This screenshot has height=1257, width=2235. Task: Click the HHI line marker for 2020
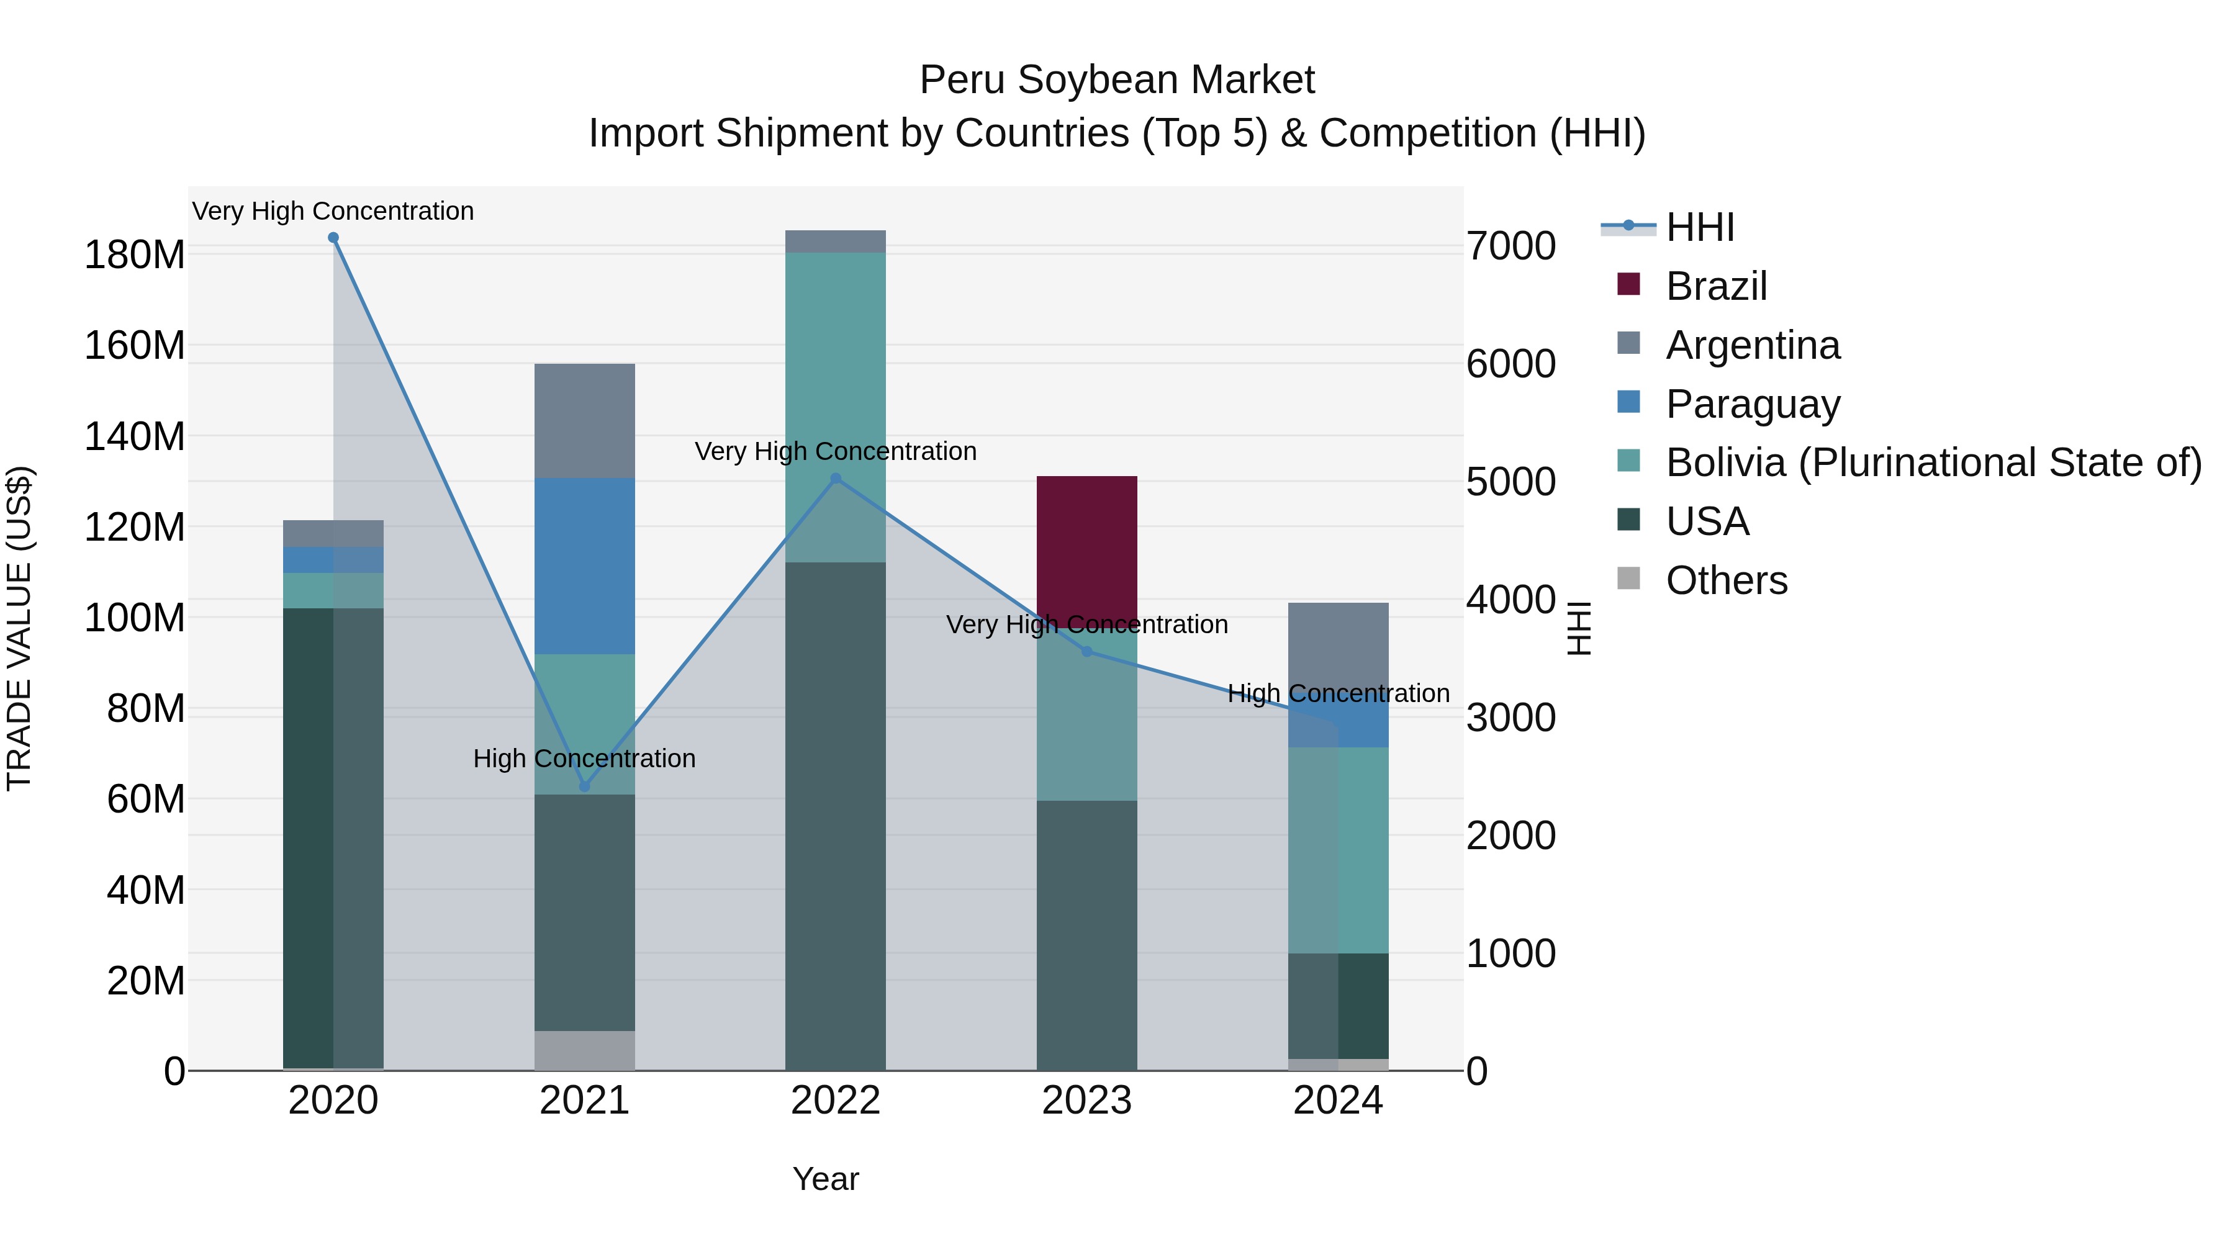333,238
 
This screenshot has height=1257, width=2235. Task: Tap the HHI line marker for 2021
584,787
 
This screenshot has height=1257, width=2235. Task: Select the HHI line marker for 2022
836,478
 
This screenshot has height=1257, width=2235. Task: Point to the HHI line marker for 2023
1087,652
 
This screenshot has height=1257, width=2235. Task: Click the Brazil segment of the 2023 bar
1086,546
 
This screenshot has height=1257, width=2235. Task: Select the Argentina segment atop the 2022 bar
836,241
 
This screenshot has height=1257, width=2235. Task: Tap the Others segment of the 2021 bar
584,1050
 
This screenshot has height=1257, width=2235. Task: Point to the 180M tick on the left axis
135,255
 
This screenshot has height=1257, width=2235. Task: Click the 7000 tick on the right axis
1510,246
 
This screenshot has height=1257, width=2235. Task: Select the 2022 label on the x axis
836,1101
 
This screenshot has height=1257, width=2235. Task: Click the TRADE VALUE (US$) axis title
19,628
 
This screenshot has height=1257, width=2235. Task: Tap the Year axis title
825,1179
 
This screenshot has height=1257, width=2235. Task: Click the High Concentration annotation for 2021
584,758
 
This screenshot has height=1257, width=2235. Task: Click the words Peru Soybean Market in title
1117,80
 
